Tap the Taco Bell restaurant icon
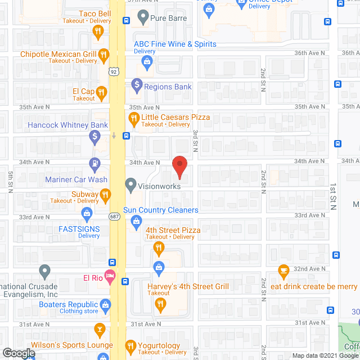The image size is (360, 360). [x=98, y=32]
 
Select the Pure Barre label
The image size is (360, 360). [x=168, y=18]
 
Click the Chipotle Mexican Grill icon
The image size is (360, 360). [x=103, y=55]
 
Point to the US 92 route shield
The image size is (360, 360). [x=115, y=71]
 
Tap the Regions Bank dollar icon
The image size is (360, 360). [x=136, y=86]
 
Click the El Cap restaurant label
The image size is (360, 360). [x=83, y=91]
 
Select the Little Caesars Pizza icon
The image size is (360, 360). [x=133, y=118]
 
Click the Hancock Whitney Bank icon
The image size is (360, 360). [x=96, y=136]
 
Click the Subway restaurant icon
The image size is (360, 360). [x=105, y=195]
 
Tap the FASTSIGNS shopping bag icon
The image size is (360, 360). [x=87, y=213]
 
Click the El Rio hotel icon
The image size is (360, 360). [x=110, y=277]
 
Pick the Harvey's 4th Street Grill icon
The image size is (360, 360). [x=160, y=304]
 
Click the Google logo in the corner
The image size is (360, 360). [x=18, y=353]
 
